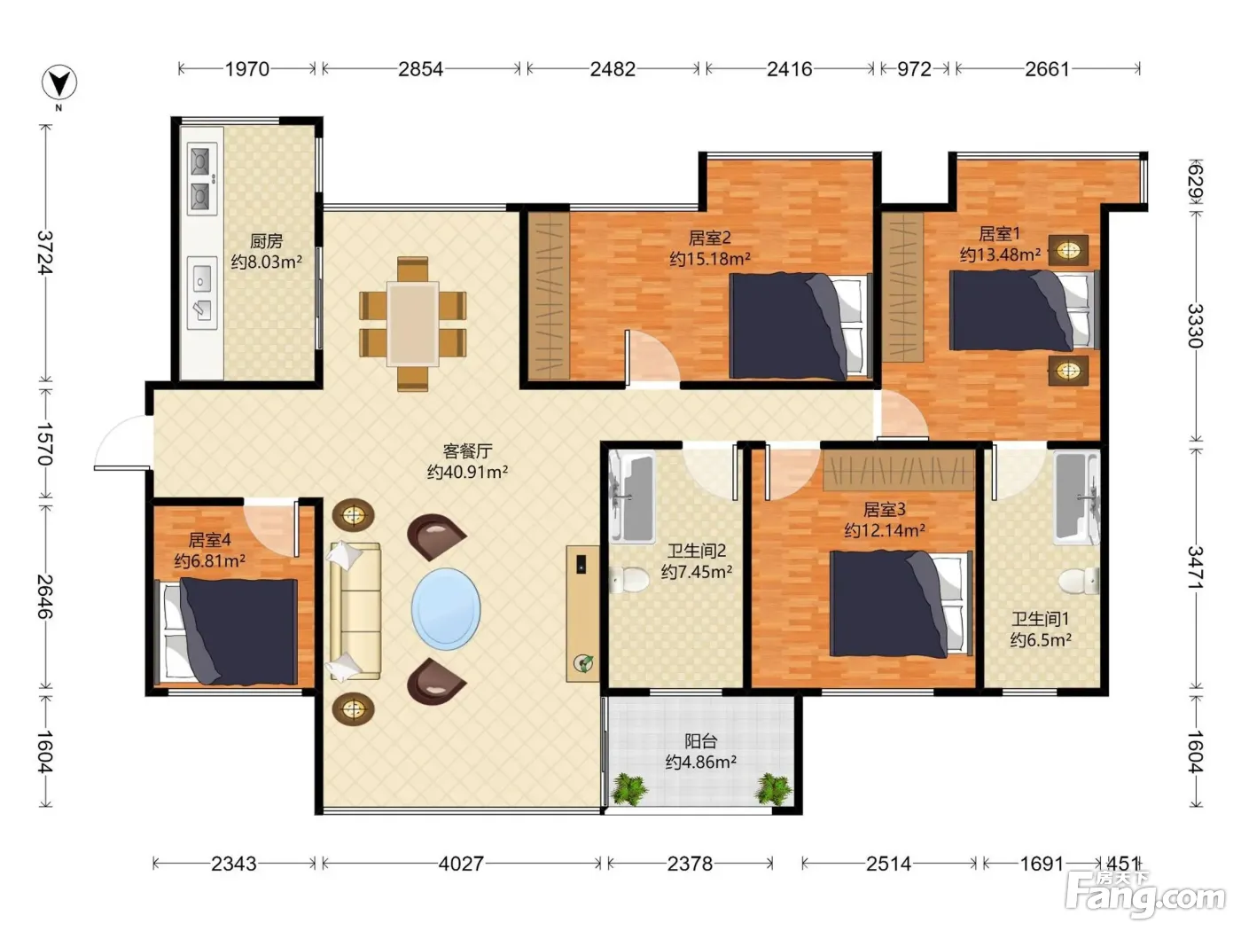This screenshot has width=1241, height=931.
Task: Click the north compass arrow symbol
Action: click(x=59, y=82)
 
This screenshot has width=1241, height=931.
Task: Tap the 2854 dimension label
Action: click(x=421, y=69)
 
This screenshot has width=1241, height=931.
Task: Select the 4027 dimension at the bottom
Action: click(x=461, y=863)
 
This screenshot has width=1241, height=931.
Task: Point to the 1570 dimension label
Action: click(x=45, y=443)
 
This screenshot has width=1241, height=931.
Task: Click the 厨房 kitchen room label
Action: click(x=266, y=241)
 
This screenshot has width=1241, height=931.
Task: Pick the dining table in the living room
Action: click(x=413, y=324)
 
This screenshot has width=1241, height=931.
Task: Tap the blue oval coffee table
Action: click(x=446, y=609)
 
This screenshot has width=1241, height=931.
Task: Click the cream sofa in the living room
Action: click(x=355, y=611)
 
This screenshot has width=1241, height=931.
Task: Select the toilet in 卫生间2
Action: click(x=629, y=579)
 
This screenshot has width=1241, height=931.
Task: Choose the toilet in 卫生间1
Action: click(x=1079, y=582)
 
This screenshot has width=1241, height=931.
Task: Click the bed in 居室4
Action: click(x=227, y=630)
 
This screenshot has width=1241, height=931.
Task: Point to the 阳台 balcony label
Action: click(x=701, y=740)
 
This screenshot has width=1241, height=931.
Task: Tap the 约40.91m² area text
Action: click(x=467, y=472)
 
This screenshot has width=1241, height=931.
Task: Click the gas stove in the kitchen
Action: click(x=202, y=178)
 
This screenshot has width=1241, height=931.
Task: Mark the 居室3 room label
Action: click(x=885, y=510)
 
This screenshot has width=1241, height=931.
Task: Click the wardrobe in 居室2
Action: click(x=549, y=295)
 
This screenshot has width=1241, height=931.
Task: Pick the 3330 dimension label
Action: click(x=1195, y=326)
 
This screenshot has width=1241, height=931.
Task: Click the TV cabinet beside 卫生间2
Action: click(x=583, y=614)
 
